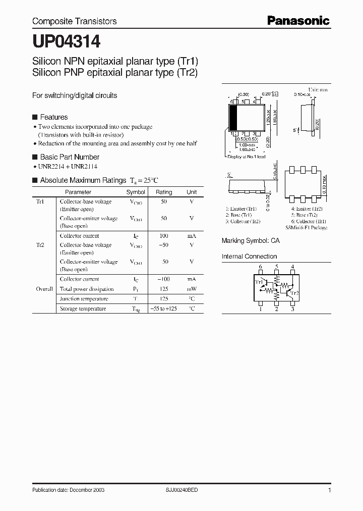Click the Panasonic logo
[298, 21]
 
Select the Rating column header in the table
[164, 192]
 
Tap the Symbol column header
[136, 192]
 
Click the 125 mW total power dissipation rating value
[164, 289]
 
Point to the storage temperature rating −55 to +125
[164, 309]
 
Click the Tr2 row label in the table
[40, 245]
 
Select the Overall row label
[44, 289]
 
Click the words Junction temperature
[83, 299]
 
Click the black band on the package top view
[233, 119]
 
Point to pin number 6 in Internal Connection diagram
[261, 267]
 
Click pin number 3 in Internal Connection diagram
[292, 309]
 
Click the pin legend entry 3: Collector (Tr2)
[243, 221]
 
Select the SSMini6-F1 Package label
[306, 228]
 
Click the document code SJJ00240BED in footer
[181, 490]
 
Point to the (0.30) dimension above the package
[244, 94]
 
